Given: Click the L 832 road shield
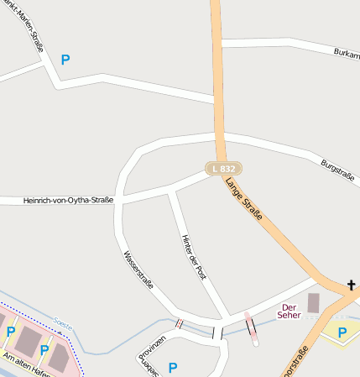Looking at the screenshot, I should (223, 169).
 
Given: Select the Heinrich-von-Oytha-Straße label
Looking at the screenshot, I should (57, 200).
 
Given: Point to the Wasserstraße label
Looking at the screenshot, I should (138, 270).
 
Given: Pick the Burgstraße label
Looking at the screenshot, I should (338, 170).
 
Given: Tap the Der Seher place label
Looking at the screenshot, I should (290, 312).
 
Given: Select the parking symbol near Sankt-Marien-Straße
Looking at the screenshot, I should (65, 60).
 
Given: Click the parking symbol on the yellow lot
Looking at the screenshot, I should (342, 332).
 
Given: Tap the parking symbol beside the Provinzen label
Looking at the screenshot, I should (173, 367).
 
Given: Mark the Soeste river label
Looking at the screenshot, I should (61, 321).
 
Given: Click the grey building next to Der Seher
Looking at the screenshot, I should (314, 303).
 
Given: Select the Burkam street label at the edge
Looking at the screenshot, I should (344, 53).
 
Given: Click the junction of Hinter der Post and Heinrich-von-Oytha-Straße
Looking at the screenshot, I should (170, 192).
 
